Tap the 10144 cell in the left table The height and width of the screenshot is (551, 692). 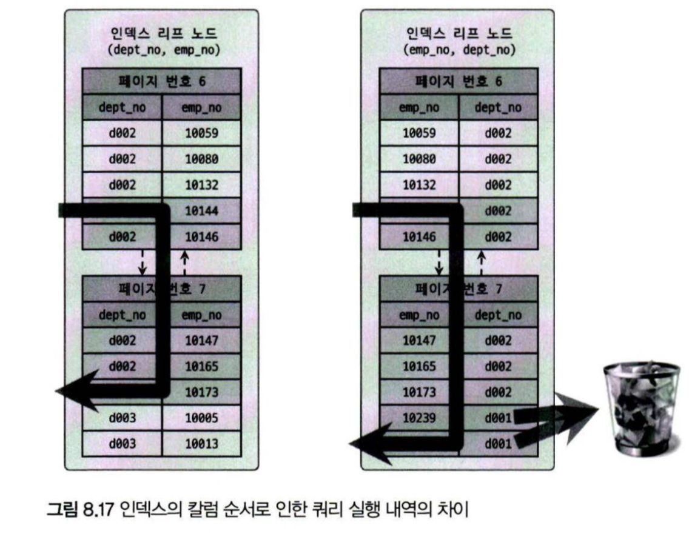coord(202,211)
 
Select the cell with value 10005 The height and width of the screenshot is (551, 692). coord(202,418)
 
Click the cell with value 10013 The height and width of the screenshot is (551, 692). coord(202,444)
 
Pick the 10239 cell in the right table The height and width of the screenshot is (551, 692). coord(419,418)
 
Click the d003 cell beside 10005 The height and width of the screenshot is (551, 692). coord(123,418)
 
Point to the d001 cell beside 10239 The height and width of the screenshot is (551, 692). coord(497,418)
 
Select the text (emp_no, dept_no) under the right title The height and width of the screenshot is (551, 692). coord(459,50)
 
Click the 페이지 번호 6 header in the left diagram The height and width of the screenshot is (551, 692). coord(162,81)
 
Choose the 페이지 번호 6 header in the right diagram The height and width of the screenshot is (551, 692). coord(459,81)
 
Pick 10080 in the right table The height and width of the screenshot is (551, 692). coord(419,159)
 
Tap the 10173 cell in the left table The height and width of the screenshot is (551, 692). coord(202,392)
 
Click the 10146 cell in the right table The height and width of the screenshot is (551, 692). coord(419,237)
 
